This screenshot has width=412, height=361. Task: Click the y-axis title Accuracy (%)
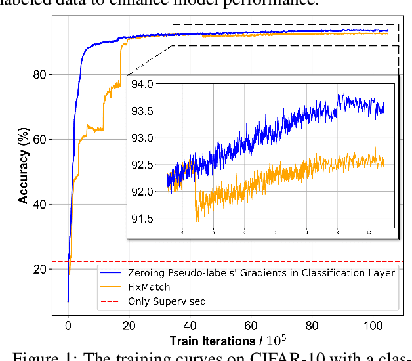click(24, 171)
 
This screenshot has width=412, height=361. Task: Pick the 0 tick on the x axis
click(68, 325)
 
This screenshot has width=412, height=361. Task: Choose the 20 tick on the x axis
click(129, 325)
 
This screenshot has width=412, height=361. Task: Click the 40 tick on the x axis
click(190, 325)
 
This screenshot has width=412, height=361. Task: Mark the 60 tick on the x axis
click(251, 325)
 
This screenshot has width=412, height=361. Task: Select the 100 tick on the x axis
click(373, 325)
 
